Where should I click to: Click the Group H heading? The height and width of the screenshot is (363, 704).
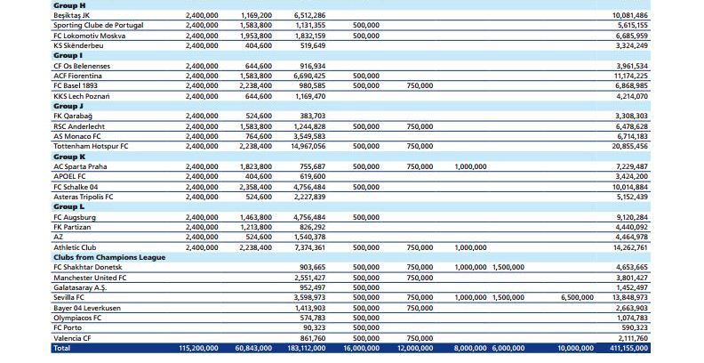(68, 5)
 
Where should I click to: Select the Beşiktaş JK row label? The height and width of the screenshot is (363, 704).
(73, 15)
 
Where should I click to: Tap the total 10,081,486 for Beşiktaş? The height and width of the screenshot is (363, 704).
(629, 15)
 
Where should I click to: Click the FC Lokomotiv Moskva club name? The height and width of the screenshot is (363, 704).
(89, 35)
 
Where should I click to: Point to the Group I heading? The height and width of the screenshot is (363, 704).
(68, 55)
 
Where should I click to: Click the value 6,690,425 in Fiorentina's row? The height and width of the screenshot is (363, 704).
(308, 75)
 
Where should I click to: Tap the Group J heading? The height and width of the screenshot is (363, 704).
(68, 105)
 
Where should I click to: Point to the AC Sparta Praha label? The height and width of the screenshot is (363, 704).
(80, 165)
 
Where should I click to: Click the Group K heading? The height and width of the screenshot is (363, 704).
(68, 155)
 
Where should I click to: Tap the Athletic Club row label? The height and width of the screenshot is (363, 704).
(75, 246)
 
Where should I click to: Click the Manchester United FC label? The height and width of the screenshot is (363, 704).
(90, 277)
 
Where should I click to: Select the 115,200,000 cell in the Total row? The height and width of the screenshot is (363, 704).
(198, 348)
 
